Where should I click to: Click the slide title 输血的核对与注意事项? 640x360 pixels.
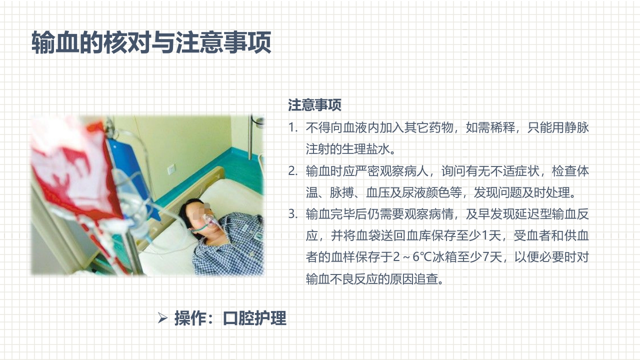pyautogui.click(x=151, y=42)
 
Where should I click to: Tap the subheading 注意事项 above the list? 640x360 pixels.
pyautogui.click(x=314, y=105)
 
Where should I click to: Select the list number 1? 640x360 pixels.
pyautogui.click(x=292, y=127)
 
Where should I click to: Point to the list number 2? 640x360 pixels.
pyautogui.click(x=292, y=171)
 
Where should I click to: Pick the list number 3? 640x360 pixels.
pyautogui.click(x=292, y=214)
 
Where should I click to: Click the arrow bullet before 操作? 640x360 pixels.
pyautogui.click(x=162, y=317)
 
